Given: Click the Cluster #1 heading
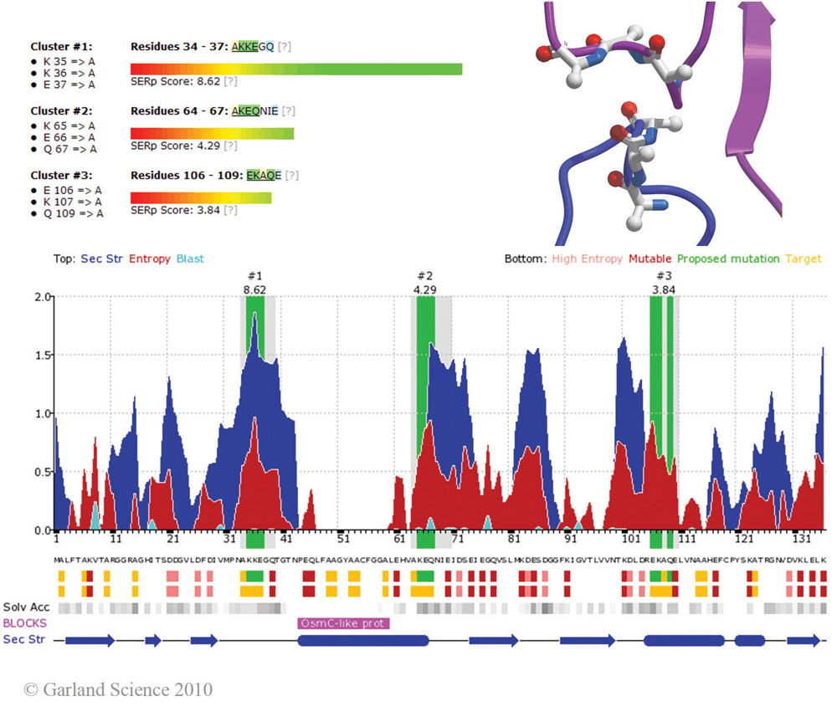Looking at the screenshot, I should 62,47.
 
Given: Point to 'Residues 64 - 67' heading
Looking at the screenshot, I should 180,110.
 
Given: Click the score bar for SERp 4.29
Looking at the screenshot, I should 213,134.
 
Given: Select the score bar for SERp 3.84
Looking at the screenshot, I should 201,198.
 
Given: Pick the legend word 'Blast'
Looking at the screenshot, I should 190,259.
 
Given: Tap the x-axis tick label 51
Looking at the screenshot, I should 343,540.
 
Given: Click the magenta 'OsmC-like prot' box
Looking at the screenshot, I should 344,623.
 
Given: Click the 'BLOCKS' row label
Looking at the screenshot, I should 25,623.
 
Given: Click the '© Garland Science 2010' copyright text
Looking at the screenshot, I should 118,690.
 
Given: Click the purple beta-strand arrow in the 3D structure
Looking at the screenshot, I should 757,109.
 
